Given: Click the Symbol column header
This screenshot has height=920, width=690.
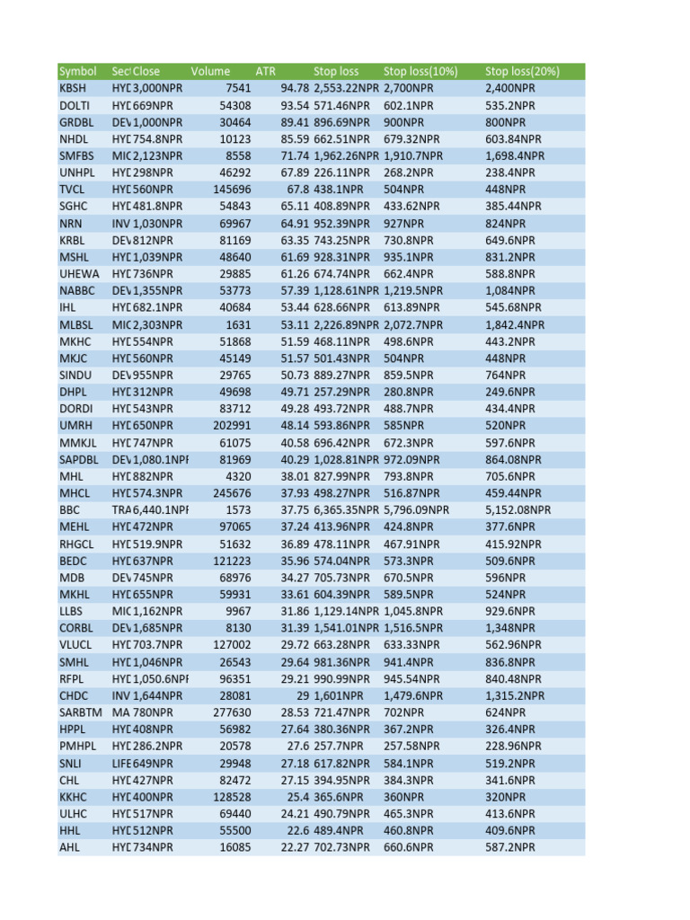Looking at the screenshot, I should [77, 71].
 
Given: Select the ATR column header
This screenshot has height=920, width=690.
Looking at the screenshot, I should [266, 71].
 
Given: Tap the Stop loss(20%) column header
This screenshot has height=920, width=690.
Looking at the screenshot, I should [522, 71].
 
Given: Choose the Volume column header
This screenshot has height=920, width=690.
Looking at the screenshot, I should [210, 71].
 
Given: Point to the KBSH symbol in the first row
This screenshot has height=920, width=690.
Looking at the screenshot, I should [74, 88].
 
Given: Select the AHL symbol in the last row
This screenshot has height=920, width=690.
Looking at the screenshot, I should [70, 847].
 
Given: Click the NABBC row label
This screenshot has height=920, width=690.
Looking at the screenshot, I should [77, 291].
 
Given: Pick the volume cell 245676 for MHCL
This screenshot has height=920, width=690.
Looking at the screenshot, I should [229, 493].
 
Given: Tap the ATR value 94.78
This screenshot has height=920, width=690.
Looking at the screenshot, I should [295, 88].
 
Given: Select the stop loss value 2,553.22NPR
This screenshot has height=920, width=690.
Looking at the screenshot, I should [347, 88].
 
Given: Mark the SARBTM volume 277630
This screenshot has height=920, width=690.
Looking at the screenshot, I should [229, 712].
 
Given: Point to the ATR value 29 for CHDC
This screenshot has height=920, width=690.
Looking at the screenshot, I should [302, 695].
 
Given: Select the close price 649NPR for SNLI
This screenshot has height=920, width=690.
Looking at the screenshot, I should [158, 763].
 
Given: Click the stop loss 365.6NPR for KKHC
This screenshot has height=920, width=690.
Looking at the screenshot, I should [339, 797].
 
